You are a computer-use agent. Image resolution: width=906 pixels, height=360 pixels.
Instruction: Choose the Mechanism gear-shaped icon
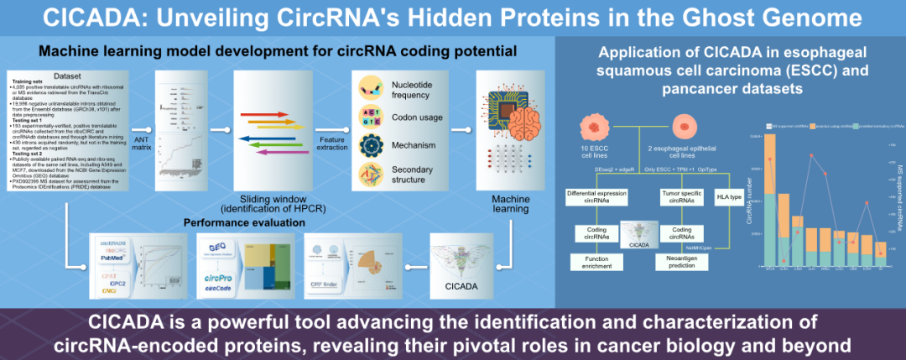coord(369,145)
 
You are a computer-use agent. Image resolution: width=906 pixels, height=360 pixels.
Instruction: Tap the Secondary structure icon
coord(369,175)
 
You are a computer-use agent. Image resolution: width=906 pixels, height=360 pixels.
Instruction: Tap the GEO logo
coord(214,245)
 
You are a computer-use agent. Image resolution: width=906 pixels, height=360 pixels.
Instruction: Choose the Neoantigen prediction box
coord(685,261)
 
